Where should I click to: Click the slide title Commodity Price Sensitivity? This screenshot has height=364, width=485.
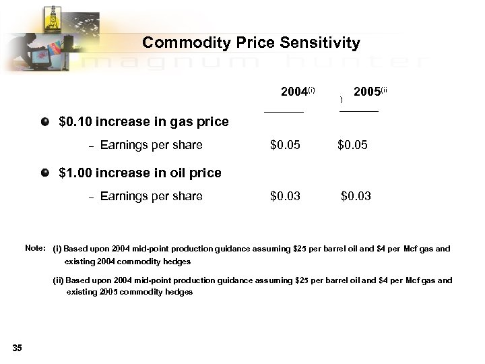pyautogui.click(x=251, y=43)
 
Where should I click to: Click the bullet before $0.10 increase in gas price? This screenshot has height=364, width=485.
pyautogui.click(x=45, y=122)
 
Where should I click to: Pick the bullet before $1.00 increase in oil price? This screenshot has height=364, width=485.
pyautogui.click(x=45, y=172)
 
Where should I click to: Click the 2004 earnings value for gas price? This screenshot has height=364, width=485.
pyautogui.click(x=285, y=145)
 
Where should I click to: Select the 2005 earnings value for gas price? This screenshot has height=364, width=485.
pyautogui.click(x=352, y=145)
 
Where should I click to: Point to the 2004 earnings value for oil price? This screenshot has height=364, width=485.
pyautogui.click(x=285, y=196)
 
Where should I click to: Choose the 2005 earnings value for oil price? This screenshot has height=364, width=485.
pyautogui.click(x=356, y=196)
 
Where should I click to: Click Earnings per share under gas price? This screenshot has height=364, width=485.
pyautogui.click(x=151, y=145)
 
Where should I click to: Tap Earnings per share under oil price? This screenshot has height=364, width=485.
pyautogui.click(x=151, y=196)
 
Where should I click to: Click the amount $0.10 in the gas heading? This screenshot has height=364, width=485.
pyautogui.click(x=75, y=123)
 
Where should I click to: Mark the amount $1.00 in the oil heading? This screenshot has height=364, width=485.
pyautogui.click(x=75, y=173)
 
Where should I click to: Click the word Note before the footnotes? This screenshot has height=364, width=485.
pyautogui.click(x=34, y=248)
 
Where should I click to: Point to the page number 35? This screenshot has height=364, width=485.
pyautogui.click(x=17, y=348)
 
